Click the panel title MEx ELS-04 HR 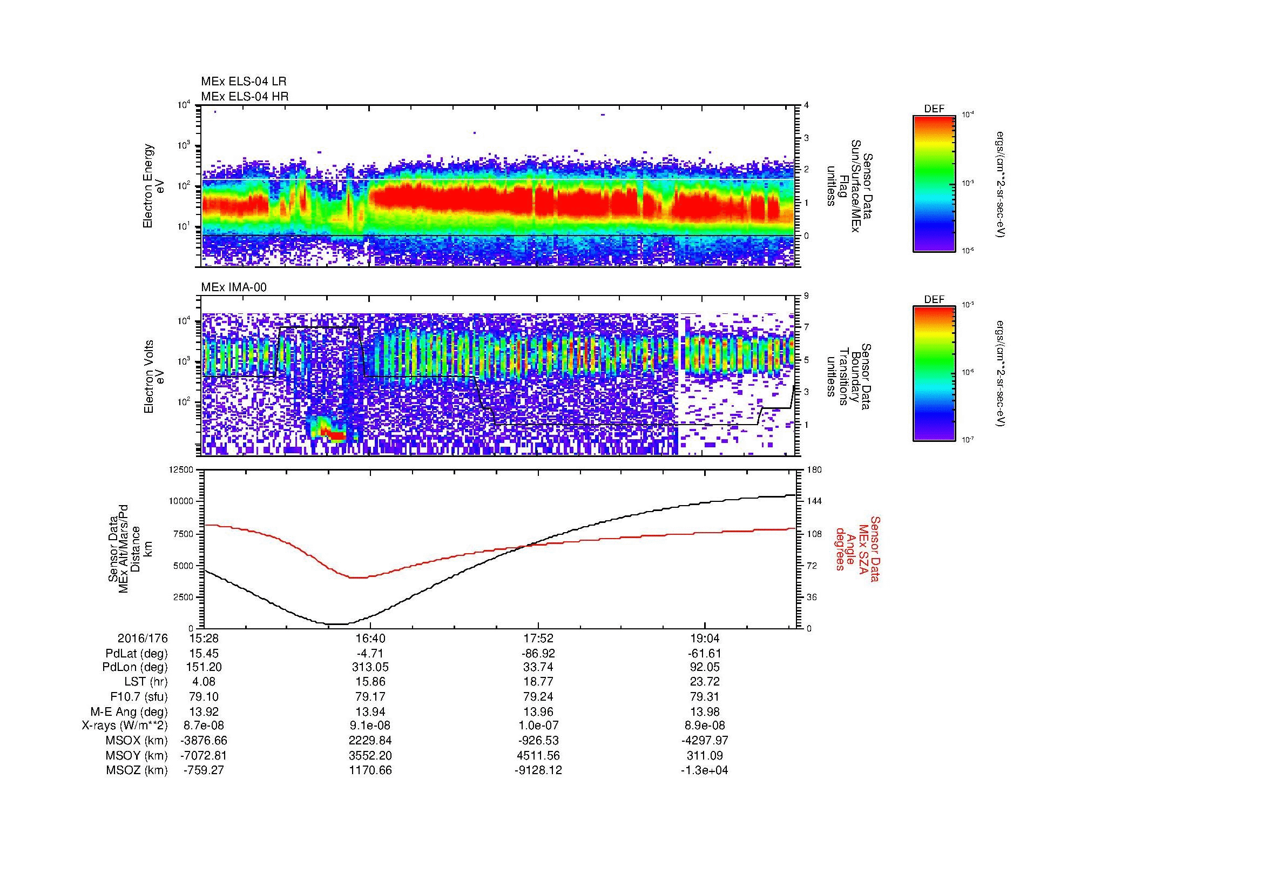point(245,96)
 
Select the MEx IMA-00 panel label point(234,287)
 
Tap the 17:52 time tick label point(537,639)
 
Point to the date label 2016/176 point(143,639)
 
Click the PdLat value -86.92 point(537,654)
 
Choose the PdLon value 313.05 point(370,667)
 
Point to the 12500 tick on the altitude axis point(182,470)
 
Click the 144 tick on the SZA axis point(814,501)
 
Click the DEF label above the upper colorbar point(934,109)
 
